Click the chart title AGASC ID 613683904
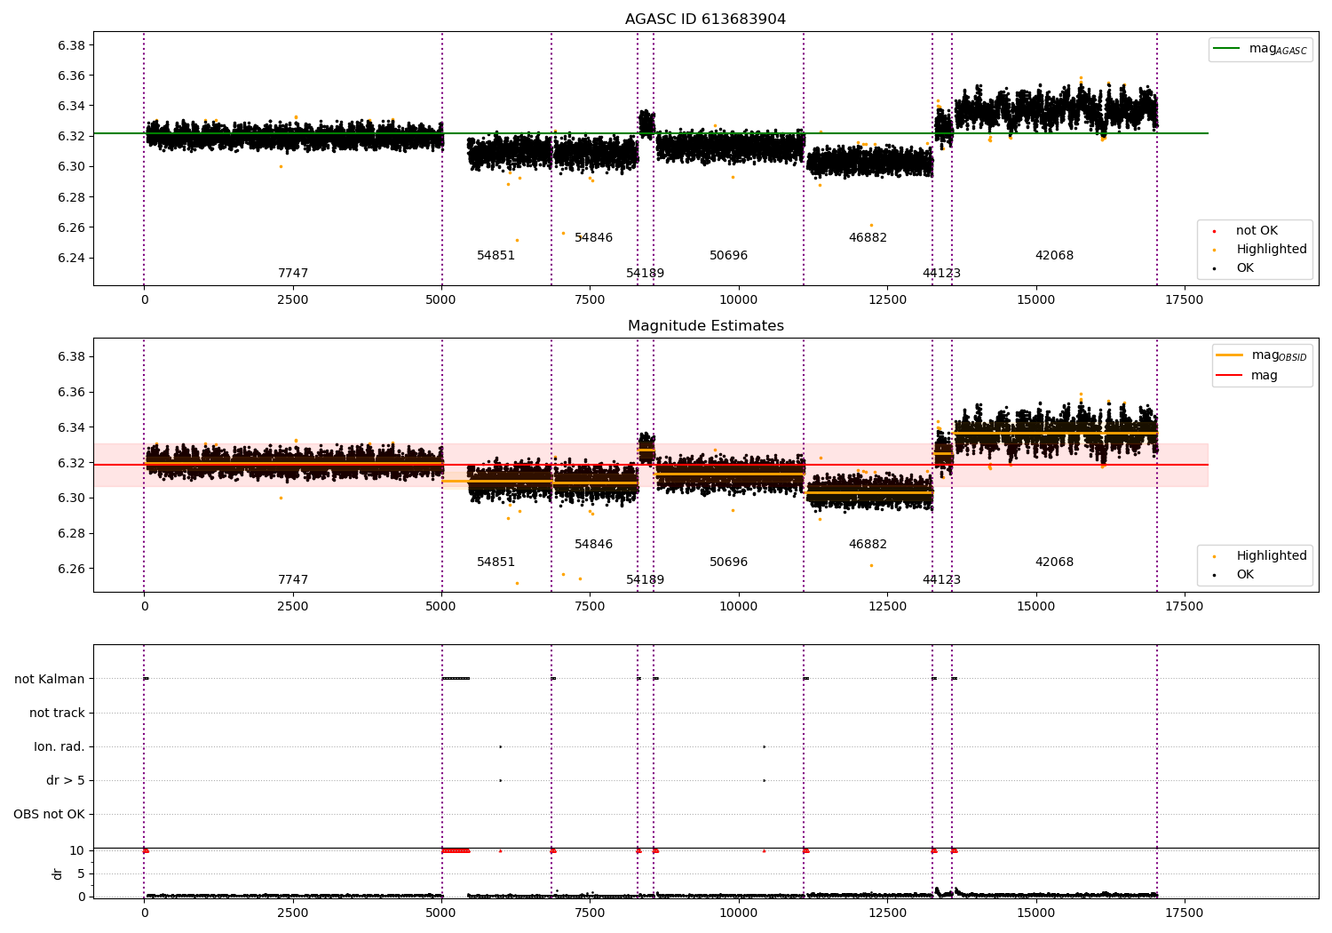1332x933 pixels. click(705, 20)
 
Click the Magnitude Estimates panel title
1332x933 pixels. click(705, 326)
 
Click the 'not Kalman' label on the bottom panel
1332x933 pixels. click(50, 679)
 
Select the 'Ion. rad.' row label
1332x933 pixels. click(59, 746)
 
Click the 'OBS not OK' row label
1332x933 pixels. click(50, 814)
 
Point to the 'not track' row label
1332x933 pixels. click(57, 713)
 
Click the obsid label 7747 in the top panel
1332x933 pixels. click(293, 274)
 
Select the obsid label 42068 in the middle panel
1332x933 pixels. click(1054, 562)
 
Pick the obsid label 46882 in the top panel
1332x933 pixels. click(868, 238)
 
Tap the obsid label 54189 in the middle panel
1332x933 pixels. click(645, 580)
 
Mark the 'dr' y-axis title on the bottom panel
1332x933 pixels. click(58, 873)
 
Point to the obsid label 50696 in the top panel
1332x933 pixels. click(728, 256)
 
